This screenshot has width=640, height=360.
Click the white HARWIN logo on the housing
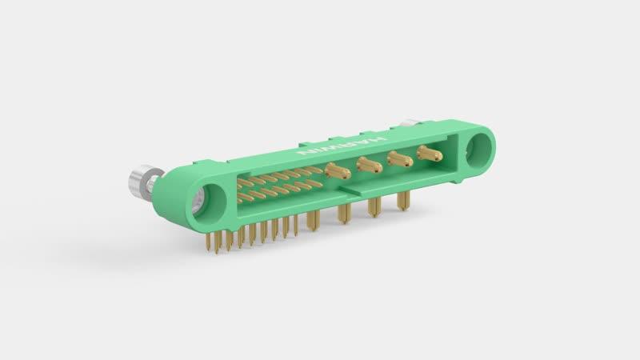[x=342, y=146]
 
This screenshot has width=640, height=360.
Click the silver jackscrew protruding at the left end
[x=144, y=182]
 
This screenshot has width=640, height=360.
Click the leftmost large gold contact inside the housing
[x=338, y=170]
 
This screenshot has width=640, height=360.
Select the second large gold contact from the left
[x=369, y=164]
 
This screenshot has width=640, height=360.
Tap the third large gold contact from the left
[x=400, y=158]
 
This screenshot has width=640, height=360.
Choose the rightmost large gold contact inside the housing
[x=430, y=153]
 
